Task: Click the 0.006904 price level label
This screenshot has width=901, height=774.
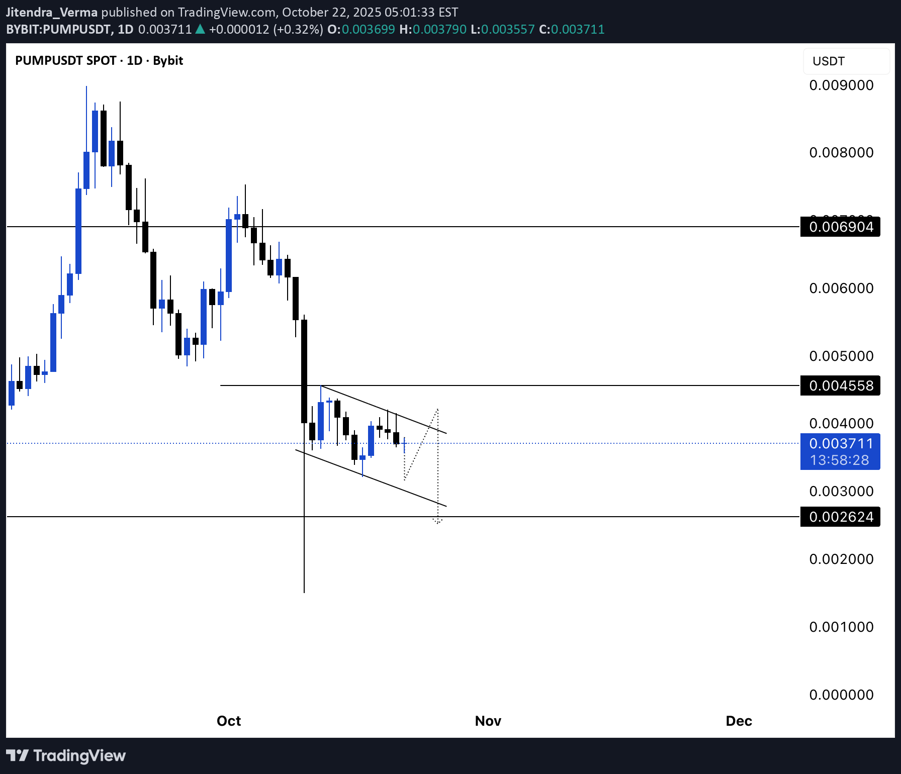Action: click(840, 227)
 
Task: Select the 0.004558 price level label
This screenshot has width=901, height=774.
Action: click(840, 386)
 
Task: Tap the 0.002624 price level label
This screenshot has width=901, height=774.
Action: click(840, 517)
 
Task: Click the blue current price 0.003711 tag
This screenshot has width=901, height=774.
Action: click(840, 444)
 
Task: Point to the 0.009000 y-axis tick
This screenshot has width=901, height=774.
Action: click(841, 85)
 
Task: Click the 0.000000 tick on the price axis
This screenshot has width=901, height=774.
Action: click(841, 695)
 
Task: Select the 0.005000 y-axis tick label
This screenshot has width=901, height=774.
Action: click(841, 356)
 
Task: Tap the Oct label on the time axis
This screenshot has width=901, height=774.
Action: click(229, 721)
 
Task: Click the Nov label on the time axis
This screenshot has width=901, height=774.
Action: click(488, 721)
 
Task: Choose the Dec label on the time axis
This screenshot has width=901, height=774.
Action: click(739, 721)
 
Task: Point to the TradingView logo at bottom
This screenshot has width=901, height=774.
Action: click(66, 756)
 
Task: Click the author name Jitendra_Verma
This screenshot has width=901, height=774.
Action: click(52, 12)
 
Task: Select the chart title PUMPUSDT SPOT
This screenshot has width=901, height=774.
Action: click(66, 61)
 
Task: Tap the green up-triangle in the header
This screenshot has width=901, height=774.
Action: click(200, 29)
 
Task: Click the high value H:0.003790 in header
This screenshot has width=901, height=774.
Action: click(433, 30)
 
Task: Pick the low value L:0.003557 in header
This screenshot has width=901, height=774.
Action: click(502, 30)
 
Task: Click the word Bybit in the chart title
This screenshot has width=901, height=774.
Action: click(168, 61)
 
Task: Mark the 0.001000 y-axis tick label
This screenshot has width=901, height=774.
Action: click(841, 627)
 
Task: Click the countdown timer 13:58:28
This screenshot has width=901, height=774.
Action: click(839, 460)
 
